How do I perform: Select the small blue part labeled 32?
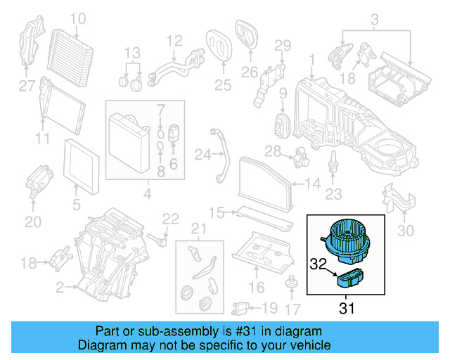coord(349,279)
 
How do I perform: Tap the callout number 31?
coord(347,307)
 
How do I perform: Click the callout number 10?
coord(77,18)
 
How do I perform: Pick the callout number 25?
coord(222,86)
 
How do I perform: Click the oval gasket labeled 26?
coord(247,35)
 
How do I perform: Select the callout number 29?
coord(282,46)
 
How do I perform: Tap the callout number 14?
coord(311,185)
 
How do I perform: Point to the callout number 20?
coord(33,222)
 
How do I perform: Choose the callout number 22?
coord(171,219)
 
